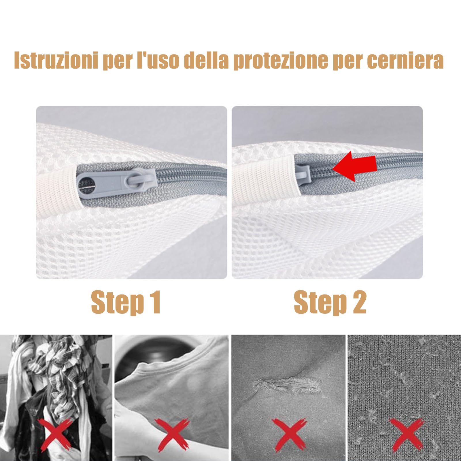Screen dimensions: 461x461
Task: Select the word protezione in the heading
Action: point(281,60)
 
